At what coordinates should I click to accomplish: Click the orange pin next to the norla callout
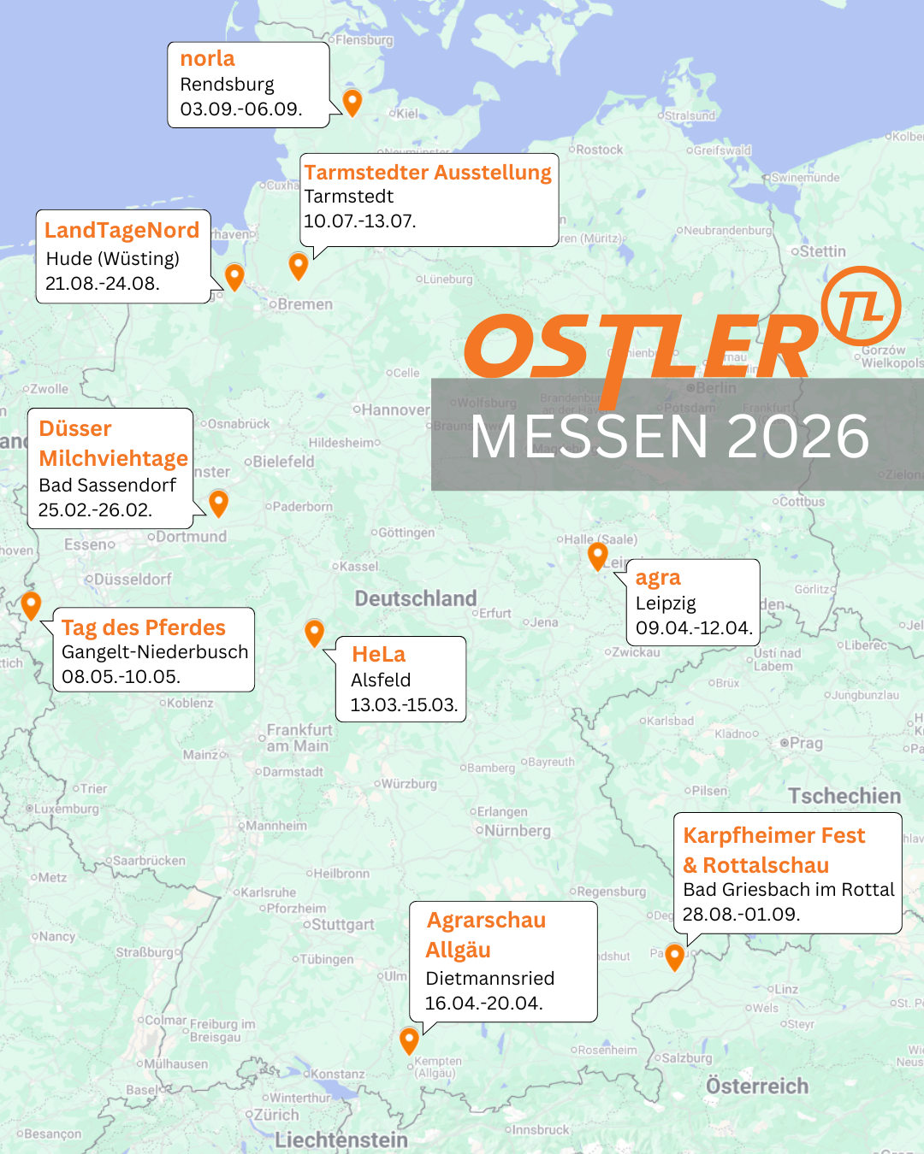[352, 101]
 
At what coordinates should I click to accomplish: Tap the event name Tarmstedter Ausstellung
[428, 173]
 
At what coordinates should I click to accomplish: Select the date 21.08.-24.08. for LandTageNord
[102, 284]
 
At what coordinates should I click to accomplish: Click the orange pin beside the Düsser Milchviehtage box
[219, 502]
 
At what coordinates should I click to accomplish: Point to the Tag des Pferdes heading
[143, 627]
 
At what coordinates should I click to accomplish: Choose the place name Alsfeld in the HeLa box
[381, 680]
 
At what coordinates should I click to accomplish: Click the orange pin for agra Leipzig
[598, 556]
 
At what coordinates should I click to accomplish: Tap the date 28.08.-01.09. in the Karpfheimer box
[741, 915]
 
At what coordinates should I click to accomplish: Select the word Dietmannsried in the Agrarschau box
[489, 979]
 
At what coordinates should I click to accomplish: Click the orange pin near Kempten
[409, 1039]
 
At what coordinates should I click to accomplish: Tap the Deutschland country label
[416, 598]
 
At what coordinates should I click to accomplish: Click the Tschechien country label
[844, 796]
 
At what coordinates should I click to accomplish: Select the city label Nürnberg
[518, 831]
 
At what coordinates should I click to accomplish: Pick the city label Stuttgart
[342, 925]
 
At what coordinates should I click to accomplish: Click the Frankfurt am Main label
[299, 738]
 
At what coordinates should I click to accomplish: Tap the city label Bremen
[305, 304]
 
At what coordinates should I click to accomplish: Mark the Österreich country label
[757, 1086]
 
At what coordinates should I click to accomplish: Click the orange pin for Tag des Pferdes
[31, 604]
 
